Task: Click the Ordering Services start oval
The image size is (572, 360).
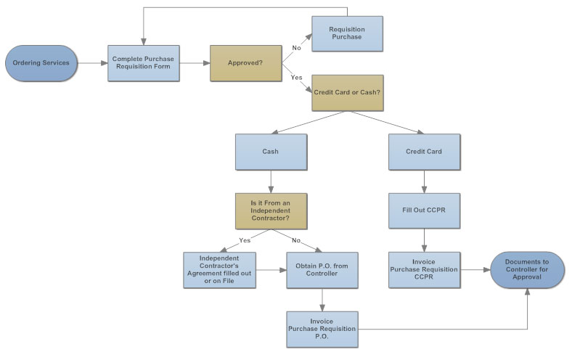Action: point(41,63)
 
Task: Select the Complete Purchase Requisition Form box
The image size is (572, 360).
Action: point(144,63)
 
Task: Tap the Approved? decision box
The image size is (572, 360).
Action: point(245,63)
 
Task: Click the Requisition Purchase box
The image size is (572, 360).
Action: point(347,33)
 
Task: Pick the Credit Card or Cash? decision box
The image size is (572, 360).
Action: point(347,93)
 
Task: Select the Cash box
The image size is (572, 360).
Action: point(271,152)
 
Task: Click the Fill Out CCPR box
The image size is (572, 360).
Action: point(424,210)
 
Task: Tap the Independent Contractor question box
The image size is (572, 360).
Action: point(271,210)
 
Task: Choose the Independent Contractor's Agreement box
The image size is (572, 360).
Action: point(219,270)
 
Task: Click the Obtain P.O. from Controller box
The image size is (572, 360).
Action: point(322,270)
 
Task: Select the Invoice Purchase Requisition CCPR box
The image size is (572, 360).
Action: point(424,270)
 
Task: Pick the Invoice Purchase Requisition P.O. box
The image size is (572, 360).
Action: point(322,329)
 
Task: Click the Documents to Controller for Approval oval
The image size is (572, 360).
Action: point(527,270)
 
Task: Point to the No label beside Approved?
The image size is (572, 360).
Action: point(297,48)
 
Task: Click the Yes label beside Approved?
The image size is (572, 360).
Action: point(297,78)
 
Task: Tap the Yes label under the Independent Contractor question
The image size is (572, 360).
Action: point(245,240)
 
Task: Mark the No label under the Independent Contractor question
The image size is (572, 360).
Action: point(296,240)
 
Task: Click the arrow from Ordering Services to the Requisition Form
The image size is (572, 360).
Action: point(93,63)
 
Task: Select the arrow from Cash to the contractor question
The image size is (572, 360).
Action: point(271,181)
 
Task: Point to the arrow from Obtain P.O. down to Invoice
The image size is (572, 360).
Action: point(322,300)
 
